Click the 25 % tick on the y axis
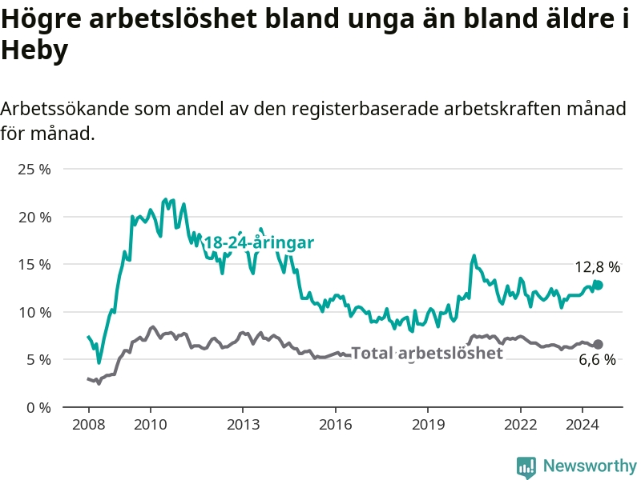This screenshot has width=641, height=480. (34, 170)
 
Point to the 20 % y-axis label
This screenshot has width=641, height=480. (34, 217)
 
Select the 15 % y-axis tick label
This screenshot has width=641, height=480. (34, 265)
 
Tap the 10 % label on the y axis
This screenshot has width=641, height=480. (34, 313)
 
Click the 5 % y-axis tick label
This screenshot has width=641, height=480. (39, 360)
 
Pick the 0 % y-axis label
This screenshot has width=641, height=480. (39, 408)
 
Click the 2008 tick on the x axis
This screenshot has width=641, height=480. (89, 425)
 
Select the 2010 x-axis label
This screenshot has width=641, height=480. (151, 425)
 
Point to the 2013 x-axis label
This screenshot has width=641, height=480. (244, 425)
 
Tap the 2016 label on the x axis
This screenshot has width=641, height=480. (336, 425)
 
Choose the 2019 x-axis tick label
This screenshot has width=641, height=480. (428, 425)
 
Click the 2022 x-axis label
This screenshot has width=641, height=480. (520, 425)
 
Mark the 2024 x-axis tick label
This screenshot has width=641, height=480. (583, 425)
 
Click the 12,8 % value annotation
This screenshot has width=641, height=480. (597, 267)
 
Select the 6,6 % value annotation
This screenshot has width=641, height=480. (597, 359)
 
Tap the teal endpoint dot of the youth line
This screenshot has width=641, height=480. (598, 286)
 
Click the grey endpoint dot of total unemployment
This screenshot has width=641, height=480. (598, 344)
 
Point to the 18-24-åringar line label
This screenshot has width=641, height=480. (259, 242)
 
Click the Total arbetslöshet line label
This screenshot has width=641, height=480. (427, 353)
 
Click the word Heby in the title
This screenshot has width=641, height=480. (34, 50)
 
